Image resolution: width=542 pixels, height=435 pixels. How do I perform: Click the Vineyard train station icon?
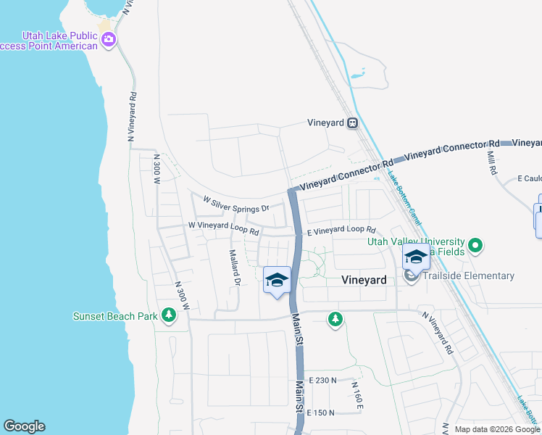click(352, 123)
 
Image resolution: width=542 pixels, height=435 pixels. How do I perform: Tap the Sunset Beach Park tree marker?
click(168, 315)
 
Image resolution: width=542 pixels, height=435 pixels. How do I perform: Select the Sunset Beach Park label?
click(115, 316)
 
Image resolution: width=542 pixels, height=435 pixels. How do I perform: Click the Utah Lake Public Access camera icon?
click(109, 39)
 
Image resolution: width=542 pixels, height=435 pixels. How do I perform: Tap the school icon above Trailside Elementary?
click(416, 257)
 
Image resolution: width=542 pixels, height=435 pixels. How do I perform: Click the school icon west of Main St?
click(276, 280)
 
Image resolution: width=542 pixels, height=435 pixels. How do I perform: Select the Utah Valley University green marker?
click(475, 246)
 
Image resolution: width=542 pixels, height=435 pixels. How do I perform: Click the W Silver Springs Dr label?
click(235, 204)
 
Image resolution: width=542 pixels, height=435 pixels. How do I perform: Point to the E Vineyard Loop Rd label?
click(340, 231)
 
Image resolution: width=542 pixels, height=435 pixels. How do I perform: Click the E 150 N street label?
click(321, 413)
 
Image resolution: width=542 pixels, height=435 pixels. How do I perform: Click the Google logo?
click(24, 426)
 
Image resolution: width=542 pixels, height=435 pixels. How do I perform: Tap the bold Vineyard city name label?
click(364, 279)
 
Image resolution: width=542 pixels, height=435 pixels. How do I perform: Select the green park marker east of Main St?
click(335, 318)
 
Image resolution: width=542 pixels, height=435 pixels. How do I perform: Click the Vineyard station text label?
click(325, 123)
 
